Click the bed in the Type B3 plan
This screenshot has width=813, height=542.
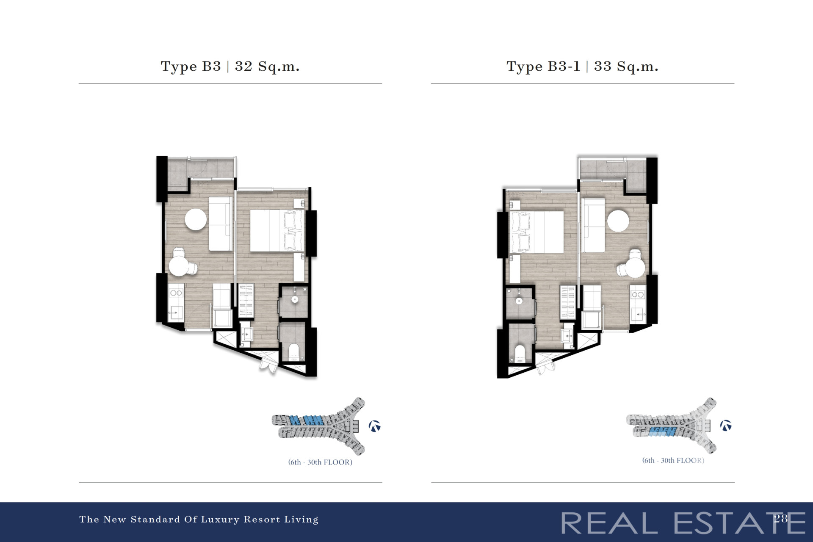pyautogui.click(x=277, y=231)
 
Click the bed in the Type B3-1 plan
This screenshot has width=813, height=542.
pyautogui.click(x=537, y=232)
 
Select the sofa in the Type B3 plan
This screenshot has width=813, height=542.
pyautogui.click(x=221, y=224)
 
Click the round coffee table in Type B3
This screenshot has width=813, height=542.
pyautogui.click(x=196, y=219)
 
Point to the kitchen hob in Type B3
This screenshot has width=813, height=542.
pyautogui.click(x=176, y=293)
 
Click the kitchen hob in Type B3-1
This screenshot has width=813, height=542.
pyautogui.click(x=638, y=294)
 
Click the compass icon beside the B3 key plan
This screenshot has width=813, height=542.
pyautogui.click(x=374, y=426)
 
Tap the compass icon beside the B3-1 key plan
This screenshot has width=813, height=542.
pyautogui.click(x=726, y=426)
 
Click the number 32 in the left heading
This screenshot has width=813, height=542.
pyautogui.click(x=243, y=66)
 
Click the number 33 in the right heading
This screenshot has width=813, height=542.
pyautogui.click(x=603, y=66)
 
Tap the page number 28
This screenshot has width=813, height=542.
pyautogui.click(x=781, y=518)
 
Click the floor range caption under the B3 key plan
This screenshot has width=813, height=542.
pyautogui.click(x=320, y=462)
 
